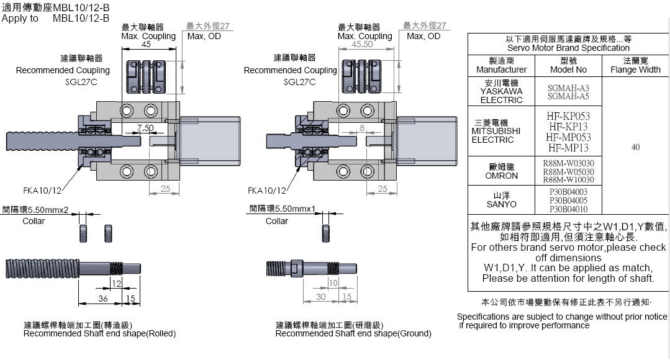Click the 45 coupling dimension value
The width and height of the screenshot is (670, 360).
coord(147,45)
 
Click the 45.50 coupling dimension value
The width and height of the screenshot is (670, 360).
coord(362,45)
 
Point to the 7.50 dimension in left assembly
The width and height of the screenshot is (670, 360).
coord(145,128)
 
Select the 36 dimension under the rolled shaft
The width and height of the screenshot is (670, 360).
coord(103,299)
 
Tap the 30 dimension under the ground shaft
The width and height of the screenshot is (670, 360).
coord(320,297)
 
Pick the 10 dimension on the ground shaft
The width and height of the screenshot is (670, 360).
coord(333,283)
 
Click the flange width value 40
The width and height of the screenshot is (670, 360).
coord(635,147)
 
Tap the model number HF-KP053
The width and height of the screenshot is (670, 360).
coord(568,116)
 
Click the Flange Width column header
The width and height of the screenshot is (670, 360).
coord(635,65)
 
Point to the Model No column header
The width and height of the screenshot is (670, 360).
coord(568,65)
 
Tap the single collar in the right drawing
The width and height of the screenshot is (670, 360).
coord(326,233)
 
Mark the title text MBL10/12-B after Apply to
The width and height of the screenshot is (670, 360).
coord(81,18)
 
